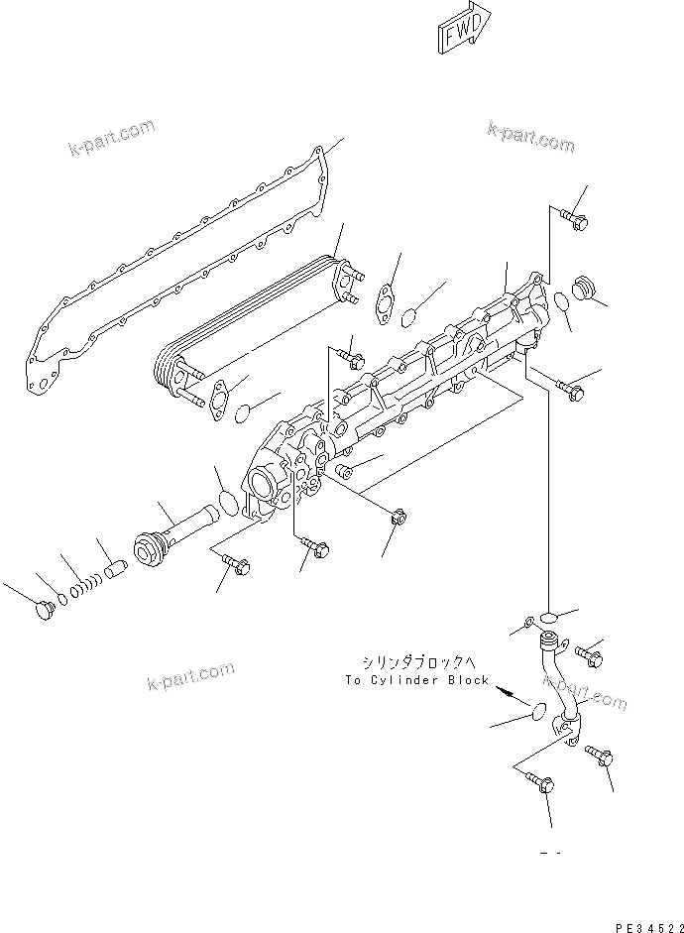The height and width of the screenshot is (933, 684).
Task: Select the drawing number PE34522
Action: click(x=645, y=925)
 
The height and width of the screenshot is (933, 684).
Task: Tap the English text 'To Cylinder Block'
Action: click(x=416, y=680)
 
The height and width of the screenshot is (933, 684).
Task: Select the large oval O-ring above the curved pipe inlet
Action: click(x=544, y=623)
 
